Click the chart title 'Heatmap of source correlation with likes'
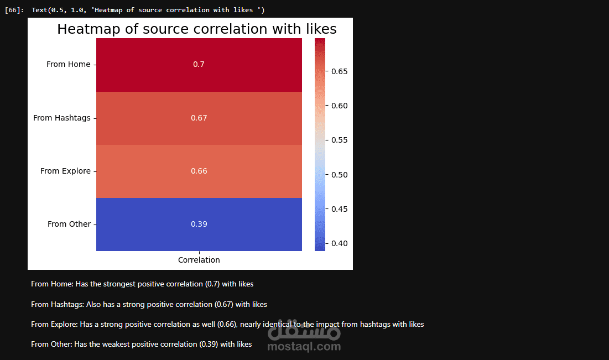tap(197, 29)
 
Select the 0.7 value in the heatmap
tap(199, 65)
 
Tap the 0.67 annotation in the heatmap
tap(199, 118)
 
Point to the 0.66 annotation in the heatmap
tap(199, 171)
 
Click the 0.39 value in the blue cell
tap(199, 224)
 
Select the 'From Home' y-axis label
tap(68, 65)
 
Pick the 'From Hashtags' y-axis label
tap(61, 118)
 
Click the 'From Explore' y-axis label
tap(65, 171)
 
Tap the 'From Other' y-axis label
tap(69, 224)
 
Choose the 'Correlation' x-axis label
tap(199, 260)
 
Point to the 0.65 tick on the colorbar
tap(339, 71)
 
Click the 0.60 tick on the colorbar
tap(339, 106)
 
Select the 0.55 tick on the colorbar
tap(339, 140)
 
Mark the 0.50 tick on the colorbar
tap(339, 175)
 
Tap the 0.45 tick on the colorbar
tap(339, 209)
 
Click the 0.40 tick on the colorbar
tap(339, 243)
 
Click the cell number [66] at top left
tap(13, 11)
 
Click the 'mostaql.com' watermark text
tap(304, 347)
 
